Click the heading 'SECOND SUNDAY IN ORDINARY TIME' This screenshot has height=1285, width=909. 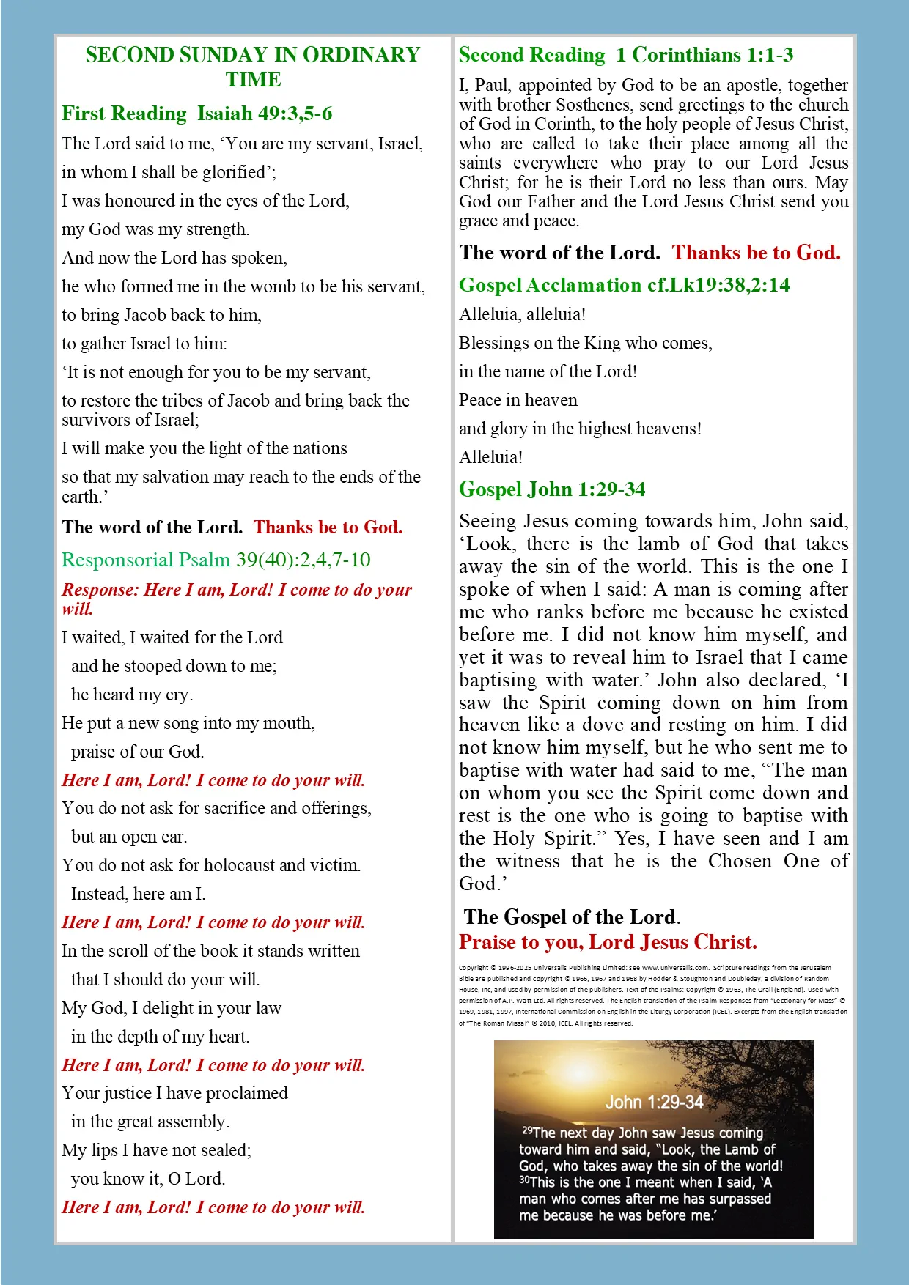253,67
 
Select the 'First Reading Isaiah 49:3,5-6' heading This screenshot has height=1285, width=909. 196,114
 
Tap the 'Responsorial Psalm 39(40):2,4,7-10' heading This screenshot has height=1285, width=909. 216,560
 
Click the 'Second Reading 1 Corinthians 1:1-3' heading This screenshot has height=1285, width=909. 625,55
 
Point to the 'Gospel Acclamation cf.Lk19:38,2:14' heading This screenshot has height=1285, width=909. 624,285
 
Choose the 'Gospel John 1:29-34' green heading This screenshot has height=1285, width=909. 551,489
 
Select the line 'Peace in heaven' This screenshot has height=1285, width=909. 518,400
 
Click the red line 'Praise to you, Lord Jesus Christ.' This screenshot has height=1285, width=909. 608,942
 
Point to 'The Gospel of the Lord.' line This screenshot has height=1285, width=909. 572,917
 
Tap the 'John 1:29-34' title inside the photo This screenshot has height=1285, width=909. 654,1102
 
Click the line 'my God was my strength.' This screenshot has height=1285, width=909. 155,229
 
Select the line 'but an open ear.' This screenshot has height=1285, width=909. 129,837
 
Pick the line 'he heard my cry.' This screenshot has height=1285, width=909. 132,695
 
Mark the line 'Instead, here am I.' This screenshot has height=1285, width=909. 138,894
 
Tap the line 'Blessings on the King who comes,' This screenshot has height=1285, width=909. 585,343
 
